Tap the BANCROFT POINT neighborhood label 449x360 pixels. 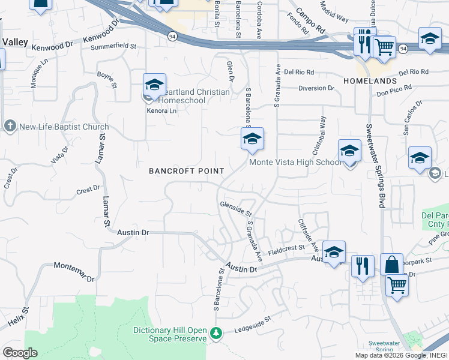click(187, 171)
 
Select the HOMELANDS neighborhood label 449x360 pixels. click(370, 80)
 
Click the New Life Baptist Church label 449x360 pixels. click(64, 127)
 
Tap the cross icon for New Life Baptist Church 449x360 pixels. click(10, 127)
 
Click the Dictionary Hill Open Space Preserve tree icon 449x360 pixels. click(216, 332)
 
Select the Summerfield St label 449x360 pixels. click(113, 46)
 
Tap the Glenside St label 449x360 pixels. click(235, 209)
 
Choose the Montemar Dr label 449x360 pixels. click(74, 272)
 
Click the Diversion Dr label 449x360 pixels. click(316, 88)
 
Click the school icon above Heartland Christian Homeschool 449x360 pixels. click(154, 85)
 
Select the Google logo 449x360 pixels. click(20, 353)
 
